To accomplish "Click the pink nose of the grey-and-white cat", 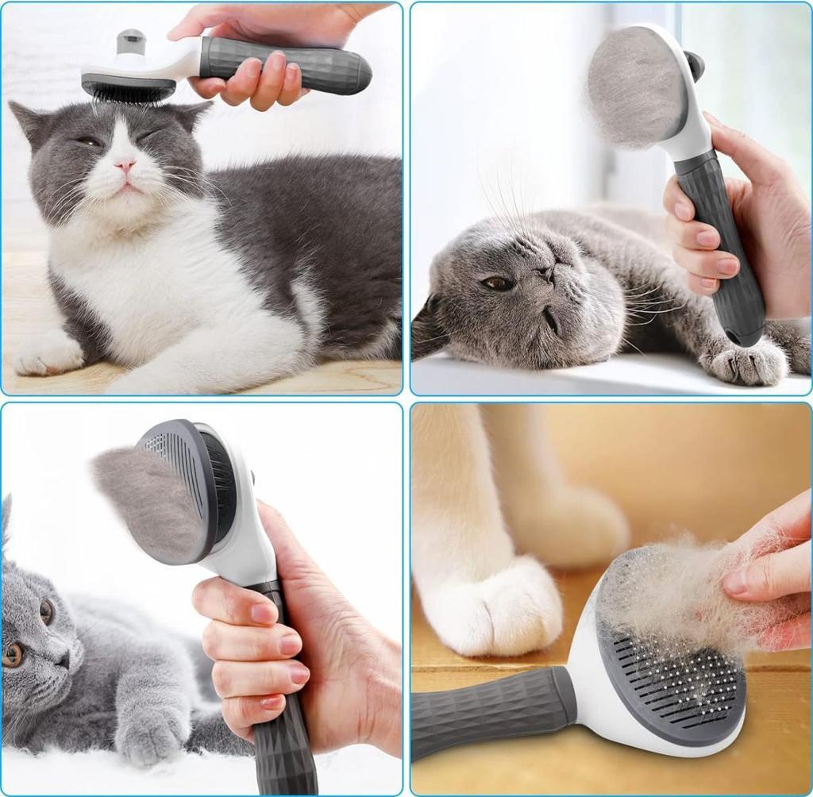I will point(125,165).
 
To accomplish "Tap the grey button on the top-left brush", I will point(130,41).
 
